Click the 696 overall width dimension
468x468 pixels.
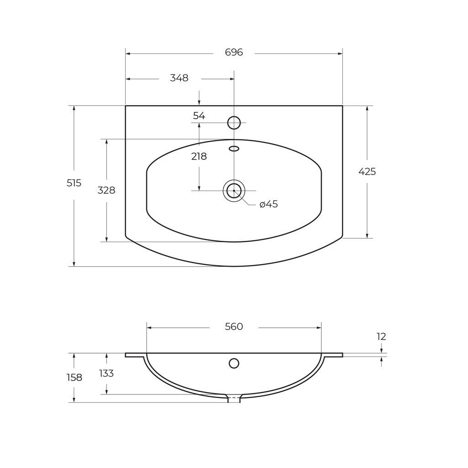[x=234, y=53]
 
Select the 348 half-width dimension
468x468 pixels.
[x=179, y=78]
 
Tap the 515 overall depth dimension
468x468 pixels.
[x=74, y=183]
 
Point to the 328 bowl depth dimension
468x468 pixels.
[x=106, y=191]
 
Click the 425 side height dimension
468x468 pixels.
[x=367, y=172]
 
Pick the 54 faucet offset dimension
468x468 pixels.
[x=199, y=116]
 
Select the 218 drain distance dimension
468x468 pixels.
[x=199, y=157]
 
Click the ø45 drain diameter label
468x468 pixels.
[x=269, y=204]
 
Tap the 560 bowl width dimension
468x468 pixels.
[x=234, y=327]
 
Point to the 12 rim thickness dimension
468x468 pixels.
[x=381, y=337]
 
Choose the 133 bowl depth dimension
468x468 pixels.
[x=106, y=374]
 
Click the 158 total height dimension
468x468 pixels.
[x=74, y=378]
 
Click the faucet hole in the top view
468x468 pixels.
[x=234, y=122]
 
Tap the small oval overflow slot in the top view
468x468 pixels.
[x=234, y=149]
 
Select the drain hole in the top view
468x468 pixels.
[x=234, y=191]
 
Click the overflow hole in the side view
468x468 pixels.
[x=234, y=363]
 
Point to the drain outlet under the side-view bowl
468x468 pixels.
[x=234, y=399]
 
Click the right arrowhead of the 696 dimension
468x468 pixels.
[x=340, y=53]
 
